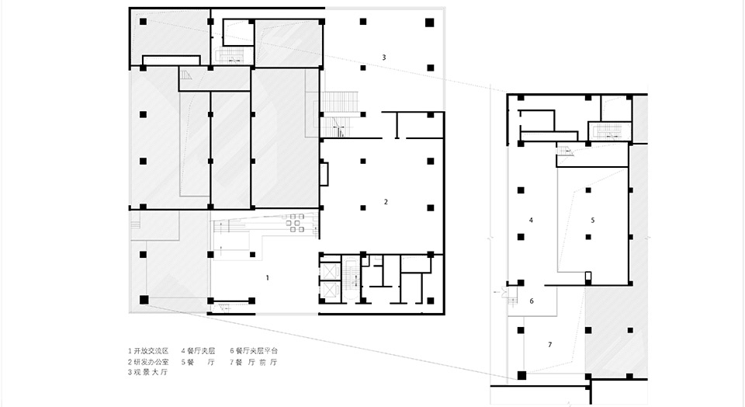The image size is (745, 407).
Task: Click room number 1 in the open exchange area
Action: click(x=268, y=277)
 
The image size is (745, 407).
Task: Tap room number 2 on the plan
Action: click(x=386, y=202)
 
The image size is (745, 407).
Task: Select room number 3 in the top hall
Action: click(x=383, y=57)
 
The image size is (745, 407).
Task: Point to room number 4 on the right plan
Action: click(x=531, y=220)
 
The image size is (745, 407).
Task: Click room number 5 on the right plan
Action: click(x=592, y=220)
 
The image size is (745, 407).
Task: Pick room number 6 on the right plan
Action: click(x=532, y=301)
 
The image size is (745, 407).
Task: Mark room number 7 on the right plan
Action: click(x=549, y=343)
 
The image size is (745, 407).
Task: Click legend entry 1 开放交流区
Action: click(x=148, y=351)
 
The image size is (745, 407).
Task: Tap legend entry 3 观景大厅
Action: click(x=148, y=373)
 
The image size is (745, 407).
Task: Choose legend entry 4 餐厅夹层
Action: click(x=197, y=351)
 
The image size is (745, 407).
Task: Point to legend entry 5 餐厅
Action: click(x=197, y=362)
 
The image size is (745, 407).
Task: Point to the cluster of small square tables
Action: click(x=295, y=224)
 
